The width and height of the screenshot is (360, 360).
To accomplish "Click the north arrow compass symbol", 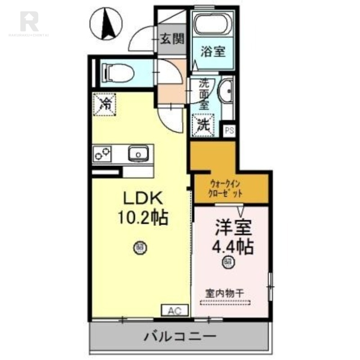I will pyautogui.click(x=107, y=24).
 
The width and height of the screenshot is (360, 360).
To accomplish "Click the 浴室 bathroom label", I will pyautogui.click(x=213, y=51).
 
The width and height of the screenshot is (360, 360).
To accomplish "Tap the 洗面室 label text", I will pyautogui.click(x=205, y=95).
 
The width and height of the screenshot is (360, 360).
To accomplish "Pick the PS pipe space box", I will pyautogui.click(x=229, y=130).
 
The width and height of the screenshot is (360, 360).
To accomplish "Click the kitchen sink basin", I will pyautogui.click(x=138, y=154).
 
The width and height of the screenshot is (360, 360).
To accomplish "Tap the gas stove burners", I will pyautogui.click(x=103, y=154).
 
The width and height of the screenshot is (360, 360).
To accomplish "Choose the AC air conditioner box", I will pyautogui.click(x=175, y=310).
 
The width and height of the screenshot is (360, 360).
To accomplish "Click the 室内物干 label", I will pyautogui.click(x=225, y=292).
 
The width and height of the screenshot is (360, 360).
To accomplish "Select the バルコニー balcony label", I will pyautogui.click(x=180, y=336).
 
